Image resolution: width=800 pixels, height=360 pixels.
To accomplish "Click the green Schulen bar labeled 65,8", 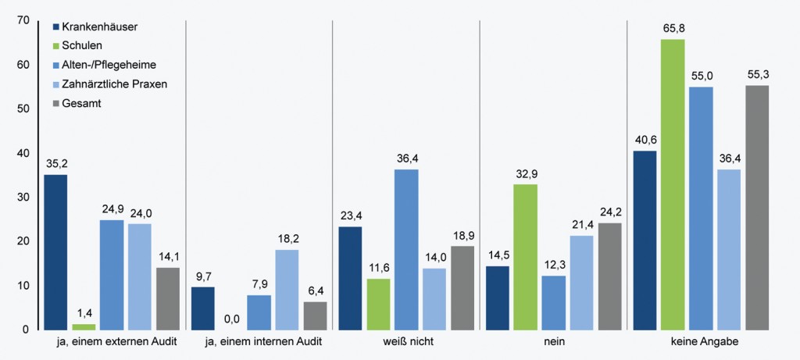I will pyautogui.click(x=672, y=184).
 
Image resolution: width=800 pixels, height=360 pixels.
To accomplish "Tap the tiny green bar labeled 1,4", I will pyautogui.click(x=84, y=326).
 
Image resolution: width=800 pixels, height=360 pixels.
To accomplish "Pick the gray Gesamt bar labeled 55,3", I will pyautogui.click(x=757, y=208).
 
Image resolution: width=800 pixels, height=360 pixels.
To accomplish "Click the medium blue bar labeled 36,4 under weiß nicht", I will pyautogui.click(x=406, y=249).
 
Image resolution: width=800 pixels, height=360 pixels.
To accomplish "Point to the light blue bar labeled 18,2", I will pyautogui.click(x=287, y=289).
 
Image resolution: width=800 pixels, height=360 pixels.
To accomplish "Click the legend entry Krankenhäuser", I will pyautogui.click(x=99, y=27).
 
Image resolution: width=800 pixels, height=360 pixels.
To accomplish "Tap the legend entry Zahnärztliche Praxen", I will pyautogui.click(x=114, y=84).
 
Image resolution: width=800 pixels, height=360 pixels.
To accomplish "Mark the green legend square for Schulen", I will pyautogui.click(x=55, y=46).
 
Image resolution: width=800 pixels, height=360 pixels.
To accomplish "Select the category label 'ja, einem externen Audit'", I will pyautogui.click(x=112, y=342).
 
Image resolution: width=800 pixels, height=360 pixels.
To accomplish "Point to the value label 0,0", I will pyautogui.click(x=231, y=318).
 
